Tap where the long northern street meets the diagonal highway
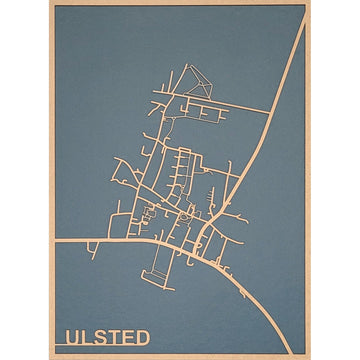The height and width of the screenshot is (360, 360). tap(272, 109)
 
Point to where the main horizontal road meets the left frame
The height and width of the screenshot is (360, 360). tap(53, 242)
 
